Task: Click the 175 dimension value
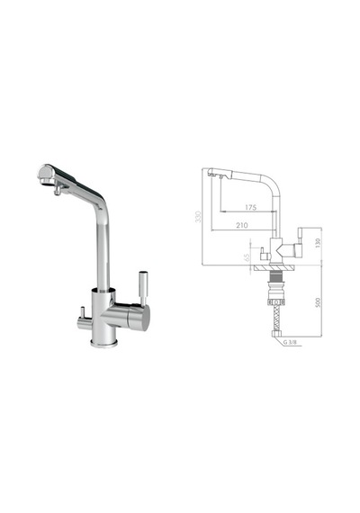click(x=251, y=207)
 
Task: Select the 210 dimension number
click(x=242, y=225)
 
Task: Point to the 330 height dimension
click(x=198, y=217)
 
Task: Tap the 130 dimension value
click(x=317, y=242)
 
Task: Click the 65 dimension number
click(x=247, y=257)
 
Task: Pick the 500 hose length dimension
click(x=317, y=302)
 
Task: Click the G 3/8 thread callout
click(x=290, y=342)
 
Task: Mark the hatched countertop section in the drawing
click(x=274, y=267)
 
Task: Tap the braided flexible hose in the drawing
click(x=276, y=319)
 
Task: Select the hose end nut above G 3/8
click(x=276, y=334)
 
